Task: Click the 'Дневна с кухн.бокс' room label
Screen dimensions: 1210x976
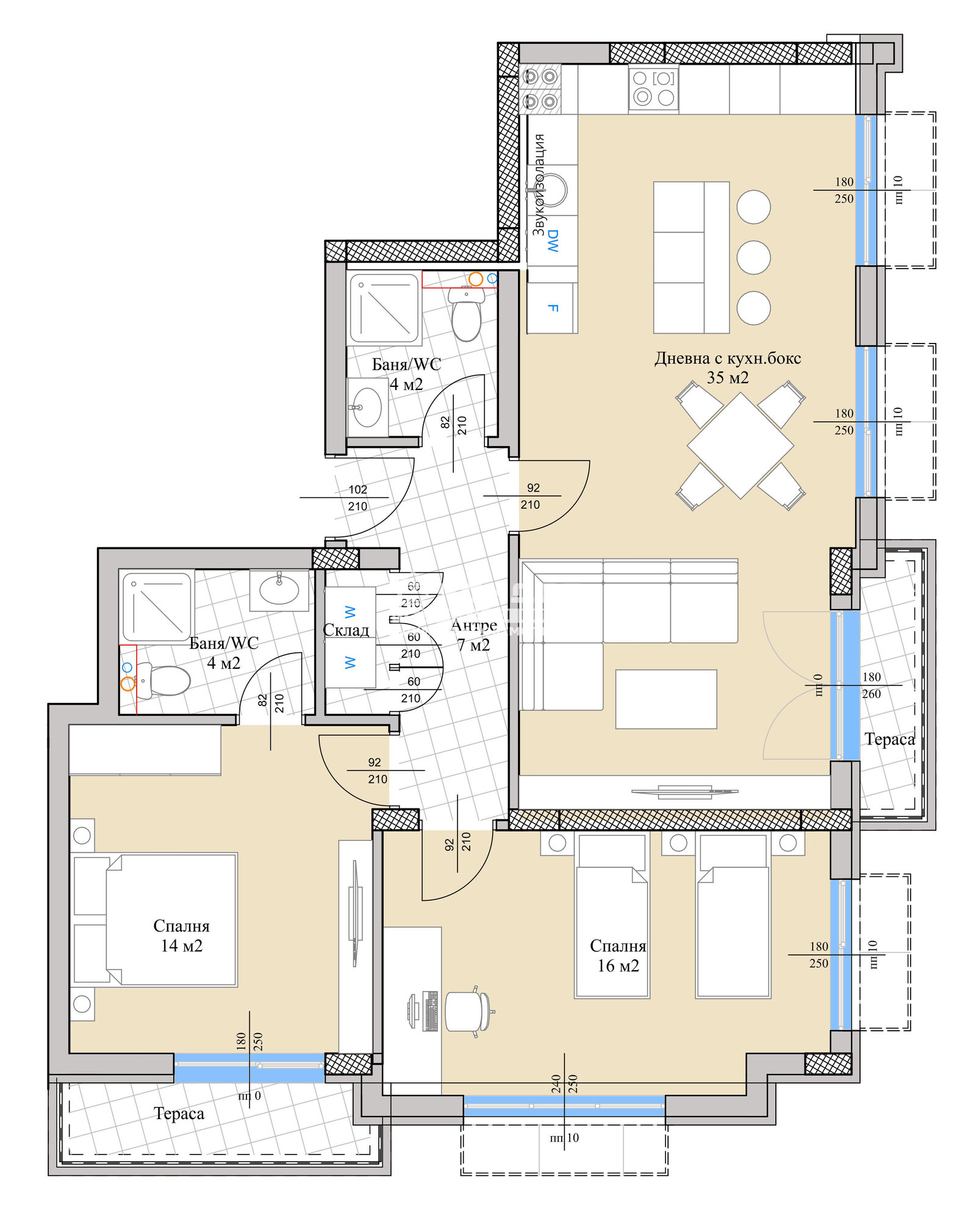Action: [x=727, y=359]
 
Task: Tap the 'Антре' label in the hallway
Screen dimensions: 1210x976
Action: [x=473, y=625]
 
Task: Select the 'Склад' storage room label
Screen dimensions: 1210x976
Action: [x=346, y=630]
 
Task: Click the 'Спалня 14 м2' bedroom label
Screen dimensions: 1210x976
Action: [x=181, y=935]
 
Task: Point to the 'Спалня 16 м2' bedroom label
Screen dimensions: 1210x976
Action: [x=617, y=956]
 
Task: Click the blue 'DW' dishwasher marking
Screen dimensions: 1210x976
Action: [x=553, y=240]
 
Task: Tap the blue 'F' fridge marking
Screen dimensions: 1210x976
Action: [x=553, y=308]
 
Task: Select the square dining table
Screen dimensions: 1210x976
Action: [x=740, y=445]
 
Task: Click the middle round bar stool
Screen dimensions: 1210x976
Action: [x=753, y=257]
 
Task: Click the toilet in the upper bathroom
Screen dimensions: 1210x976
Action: [x=467, y=314]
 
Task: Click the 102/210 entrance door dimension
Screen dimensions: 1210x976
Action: [x=357, y=498]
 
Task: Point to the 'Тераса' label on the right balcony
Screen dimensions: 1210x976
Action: [x=889, y=740]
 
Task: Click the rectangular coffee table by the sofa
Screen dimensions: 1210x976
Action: [x=666, y=699]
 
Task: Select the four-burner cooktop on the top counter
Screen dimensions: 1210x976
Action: [x=653, y=88]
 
